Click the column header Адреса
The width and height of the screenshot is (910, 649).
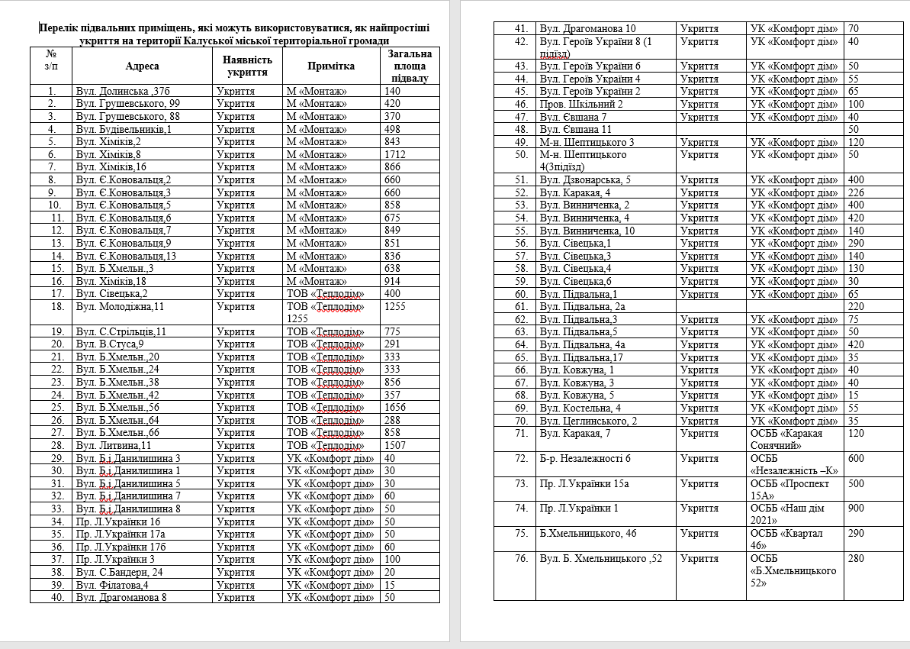coord(143,66)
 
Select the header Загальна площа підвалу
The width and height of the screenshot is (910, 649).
coord(410,66)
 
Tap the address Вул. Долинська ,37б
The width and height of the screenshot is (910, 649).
coord(122,92)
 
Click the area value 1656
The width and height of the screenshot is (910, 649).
coord(396,408)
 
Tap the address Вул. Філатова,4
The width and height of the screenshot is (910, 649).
coord(111,585)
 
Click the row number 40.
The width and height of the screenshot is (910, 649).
coord(52,597)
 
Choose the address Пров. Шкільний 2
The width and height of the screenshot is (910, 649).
coord(581,104)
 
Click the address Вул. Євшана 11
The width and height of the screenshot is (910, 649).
coord(575,130)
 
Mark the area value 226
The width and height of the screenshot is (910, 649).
coord(856,192)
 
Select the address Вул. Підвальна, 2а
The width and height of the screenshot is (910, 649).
coord(583,307)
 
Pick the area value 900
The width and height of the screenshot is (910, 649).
coord(856,508)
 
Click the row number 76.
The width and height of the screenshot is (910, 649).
coord(521,558)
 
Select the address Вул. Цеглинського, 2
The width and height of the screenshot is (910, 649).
coord(588,421)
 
